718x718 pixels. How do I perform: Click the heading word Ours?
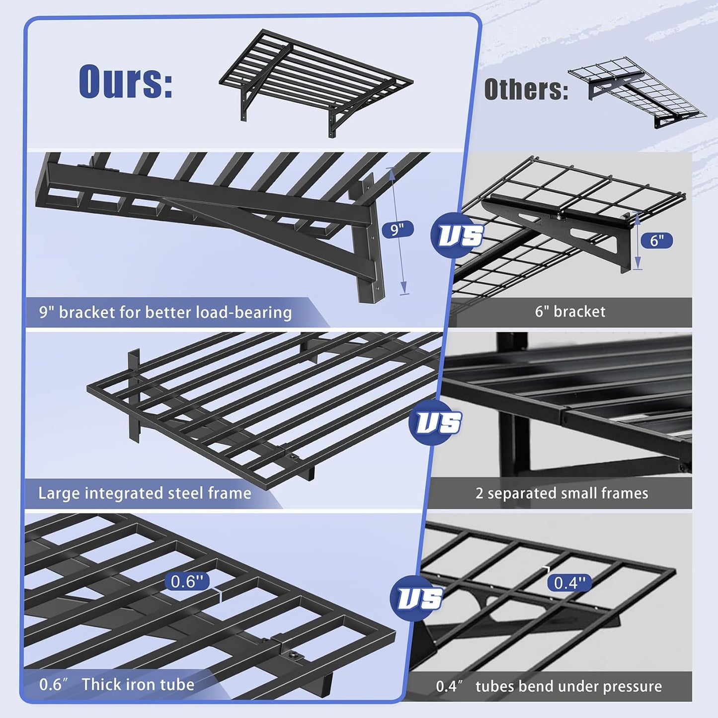coord(126,81)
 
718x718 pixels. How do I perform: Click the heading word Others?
coord(526,89)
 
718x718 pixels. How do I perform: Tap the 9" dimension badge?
coord(397,230)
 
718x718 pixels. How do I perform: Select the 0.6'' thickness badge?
coord(187,581)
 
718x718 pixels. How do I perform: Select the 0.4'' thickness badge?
coord(569,582)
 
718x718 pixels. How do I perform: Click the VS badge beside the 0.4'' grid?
coord(417,598)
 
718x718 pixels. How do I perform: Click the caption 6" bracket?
coord(570,312)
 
